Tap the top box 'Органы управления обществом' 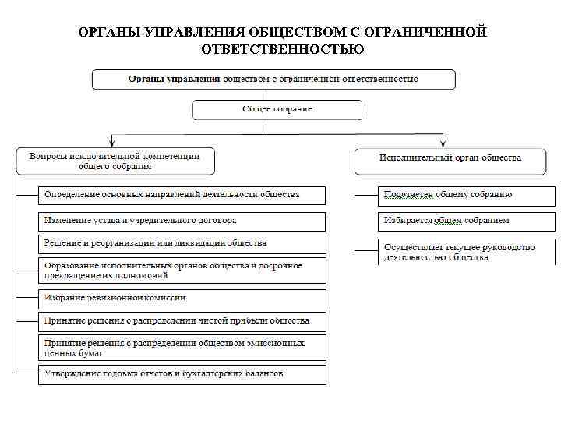tap(273, 80)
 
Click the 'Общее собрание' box tap(277, 109)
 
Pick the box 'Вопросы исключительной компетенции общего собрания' tap(115, 161)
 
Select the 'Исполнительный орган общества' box tap(450, 159)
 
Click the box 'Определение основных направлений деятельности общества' tap(182, 195)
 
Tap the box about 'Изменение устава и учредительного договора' tap(182, 221)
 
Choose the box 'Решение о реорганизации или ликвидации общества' tap(182, 244)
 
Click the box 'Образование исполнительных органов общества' tap(182, 271)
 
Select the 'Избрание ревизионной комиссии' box tap(182, 298)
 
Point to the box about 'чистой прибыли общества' tap(182, 321)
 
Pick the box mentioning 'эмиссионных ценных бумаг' tap(182, 346)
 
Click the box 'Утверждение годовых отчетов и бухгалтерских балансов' tap(182, 374)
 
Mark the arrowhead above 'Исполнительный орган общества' tap(443, 143)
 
